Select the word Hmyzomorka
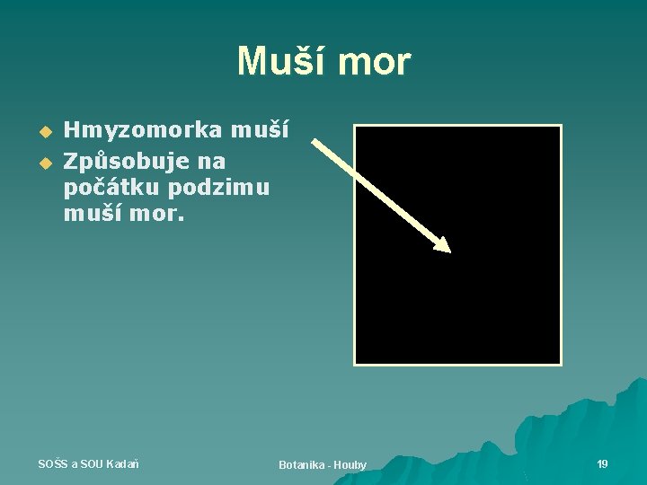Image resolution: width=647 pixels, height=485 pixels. point(143,130)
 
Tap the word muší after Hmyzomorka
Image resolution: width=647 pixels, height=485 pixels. point(260,130)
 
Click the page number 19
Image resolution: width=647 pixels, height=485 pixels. point(602,463)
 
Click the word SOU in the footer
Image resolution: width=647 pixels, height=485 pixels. point(92,463)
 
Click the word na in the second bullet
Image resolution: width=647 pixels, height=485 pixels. point(213,162)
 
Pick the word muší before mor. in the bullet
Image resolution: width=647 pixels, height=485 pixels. point(92,216)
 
